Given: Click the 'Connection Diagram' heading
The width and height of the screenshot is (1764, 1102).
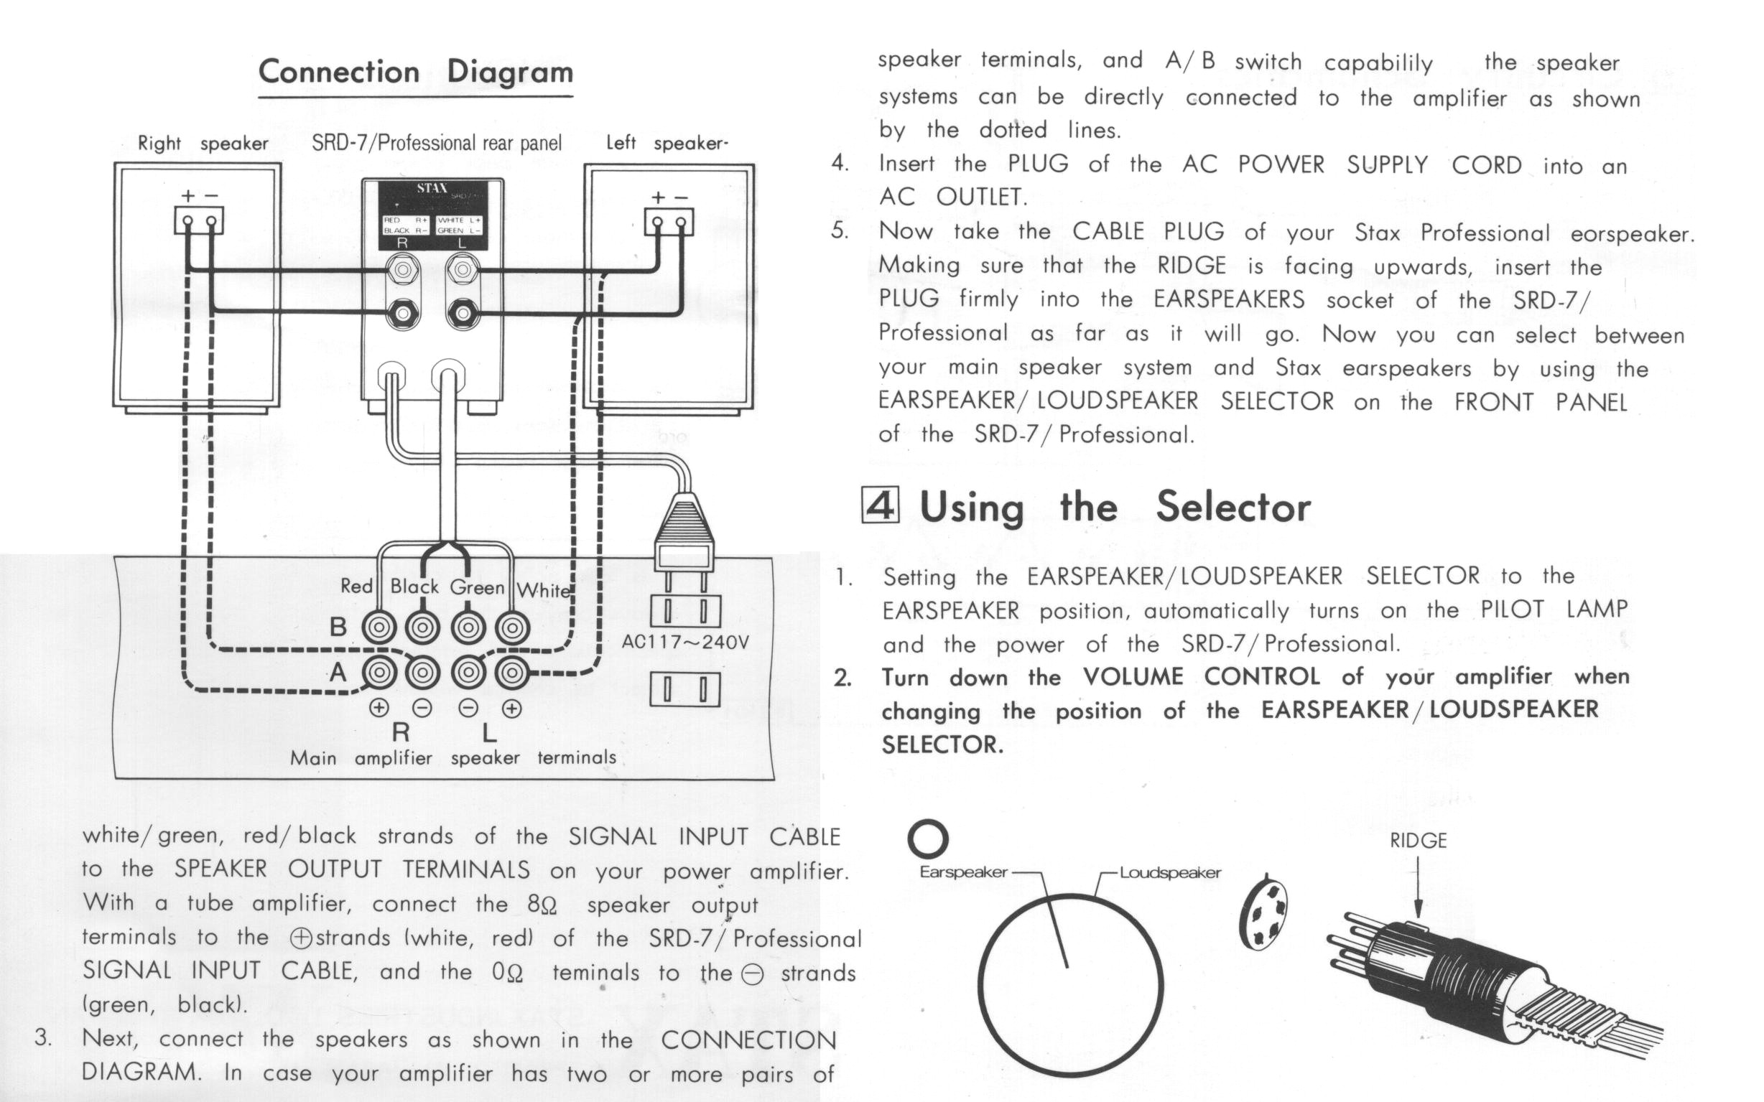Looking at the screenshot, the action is [415, 73].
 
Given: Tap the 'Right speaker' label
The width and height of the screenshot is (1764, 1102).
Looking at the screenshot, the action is [203, 143].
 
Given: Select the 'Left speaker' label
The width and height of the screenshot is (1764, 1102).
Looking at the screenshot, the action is [667, 143].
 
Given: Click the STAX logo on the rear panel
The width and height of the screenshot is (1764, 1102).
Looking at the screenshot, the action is [432, 188].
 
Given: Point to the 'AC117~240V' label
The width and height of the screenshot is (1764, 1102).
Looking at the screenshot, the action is [684, 642].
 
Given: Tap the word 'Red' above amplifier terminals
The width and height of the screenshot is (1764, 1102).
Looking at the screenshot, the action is [356, 586].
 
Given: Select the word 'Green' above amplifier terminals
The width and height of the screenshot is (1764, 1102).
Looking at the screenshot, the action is [477, 587].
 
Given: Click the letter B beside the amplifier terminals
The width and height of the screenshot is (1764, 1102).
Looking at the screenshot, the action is [338, 627].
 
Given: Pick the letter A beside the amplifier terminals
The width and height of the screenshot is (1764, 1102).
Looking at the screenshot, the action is [338, 672].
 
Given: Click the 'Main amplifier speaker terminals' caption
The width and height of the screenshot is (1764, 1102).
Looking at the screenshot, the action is [452, 758].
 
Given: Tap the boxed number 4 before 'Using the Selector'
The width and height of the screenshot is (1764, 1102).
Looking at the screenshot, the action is [881, 505].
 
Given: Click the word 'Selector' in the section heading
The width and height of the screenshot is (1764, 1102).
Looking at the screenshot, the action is [1233, 506].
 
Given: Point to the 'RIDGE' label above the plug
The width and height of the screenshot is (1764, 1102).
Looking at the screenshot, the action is [1418, 841].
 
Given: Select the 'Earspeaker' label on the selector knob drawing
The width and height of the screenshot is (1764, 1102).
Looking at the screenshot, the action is [963, 872].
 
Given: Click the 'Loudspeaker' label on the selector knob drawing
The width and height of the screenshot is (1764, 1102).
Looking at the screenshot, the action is [1170, 872].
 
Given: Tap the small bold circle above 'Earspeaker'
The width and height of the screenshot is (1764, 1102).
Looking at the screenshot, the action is [927, 839].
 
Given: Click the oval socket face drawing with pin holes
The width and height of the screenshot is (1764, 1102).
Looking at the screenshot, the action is [1264, 911].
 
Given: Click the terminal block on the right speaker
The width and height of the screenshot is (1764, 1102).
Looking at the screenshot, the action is [198, 220].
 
